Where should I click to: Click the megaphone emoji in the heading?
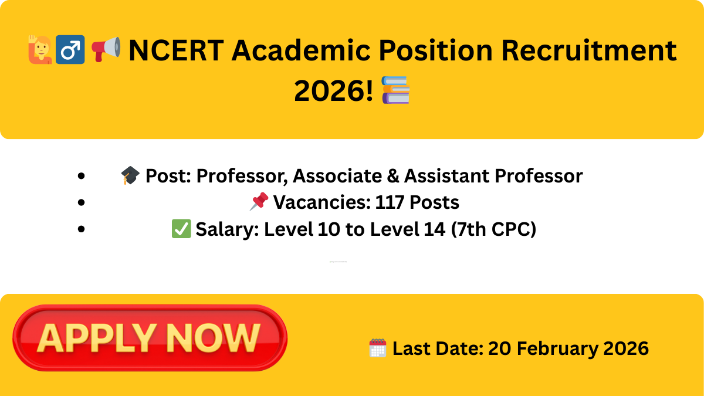(x=106, y=49)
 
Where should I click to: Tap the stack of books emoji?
(x=395, y=90)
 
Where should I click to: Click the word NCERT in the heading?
(x=175, y=50)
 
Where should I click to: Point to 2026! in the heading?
(x=333, y=90)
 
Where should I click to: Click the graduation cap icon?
(x=130, y=175)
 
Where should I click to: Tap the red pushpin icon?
(x=259, y=202)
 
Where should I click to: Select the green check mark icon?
(x=181, y=229)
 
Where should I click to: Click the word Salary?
(x=227, y=229)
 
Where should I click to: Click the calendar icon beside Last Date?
(x=377, y=348)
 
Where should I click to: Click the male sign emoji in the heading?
(x=70, y=49)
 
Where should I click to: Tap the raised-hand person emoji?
(x=39, y=49)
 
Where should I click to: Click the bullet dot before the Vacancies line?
(x=82, y=202)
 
